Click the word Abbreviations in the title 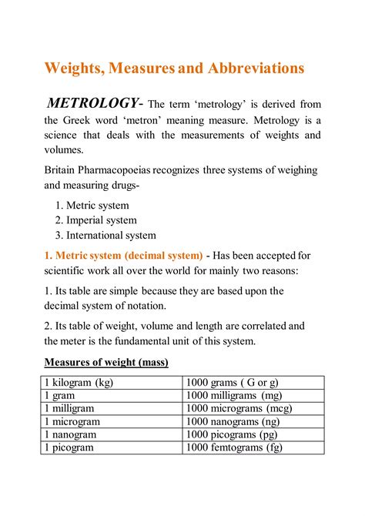[x=256, y=68]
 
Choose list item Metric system [x=97, y=206]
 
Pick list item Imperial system [x=102, y=221]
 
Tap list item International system [x=111, y=236]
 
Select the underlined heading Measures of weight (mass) [x=106, y=362]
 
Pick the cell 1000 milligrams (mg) [x=234, y=395]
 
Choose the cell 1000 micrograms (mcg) [x=239, y=408]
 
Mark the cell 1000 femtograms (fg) [x=234, y=447]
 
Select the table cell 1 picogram [x=69, y=447]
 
